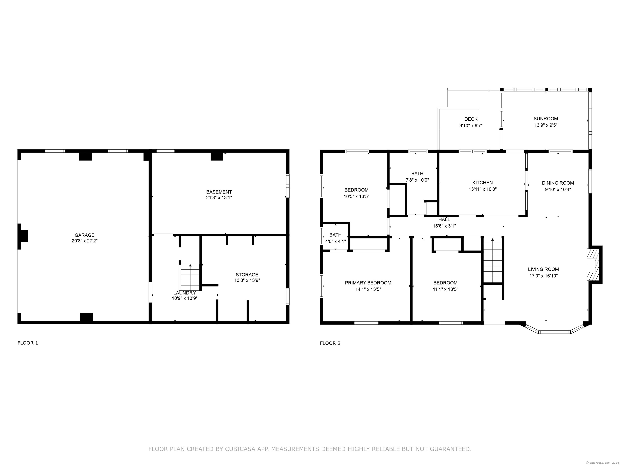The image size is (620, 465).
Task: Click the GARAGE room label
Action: click(x=84, y=235)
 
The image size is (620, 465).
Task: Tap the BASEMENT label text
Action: click(x=219, y=192)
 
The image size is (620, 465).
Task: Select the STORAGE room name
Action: click(x=247, y=275)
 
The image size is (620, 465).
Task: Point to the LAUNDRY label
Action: click(x=184, y=293)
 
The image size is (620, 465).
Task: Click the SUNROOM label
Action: click(x=546, y=118)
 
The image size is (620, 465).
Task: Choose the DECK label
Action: click(x=471, y=119)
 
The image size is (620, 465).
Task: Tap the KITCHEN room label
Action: click(x=482, y=183)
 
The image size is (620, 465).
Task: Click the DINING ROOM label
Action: click(x=558, y=183)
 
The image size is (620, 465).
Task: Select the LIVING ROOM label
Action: click(x=543, y=269)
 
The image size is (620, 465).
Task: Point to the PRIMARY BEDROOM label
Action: click(x=368, y=283)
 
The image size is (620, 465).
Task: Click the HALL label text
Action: click(x=444, y=219)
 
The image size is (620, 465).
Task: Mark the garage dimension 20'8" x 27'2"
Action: click(x=84, y=241)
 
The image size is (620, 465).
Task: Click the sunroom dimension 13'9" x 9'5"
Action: click(x=546, y=125)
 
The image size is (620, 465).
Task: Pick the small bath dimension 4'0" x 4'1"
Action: click(x=335, y=241)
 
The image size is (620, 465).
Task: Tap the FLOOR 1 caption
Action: click(x=28, y=343)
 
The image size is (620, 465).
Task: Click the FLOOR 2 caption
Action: click(x=330, y=343)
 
